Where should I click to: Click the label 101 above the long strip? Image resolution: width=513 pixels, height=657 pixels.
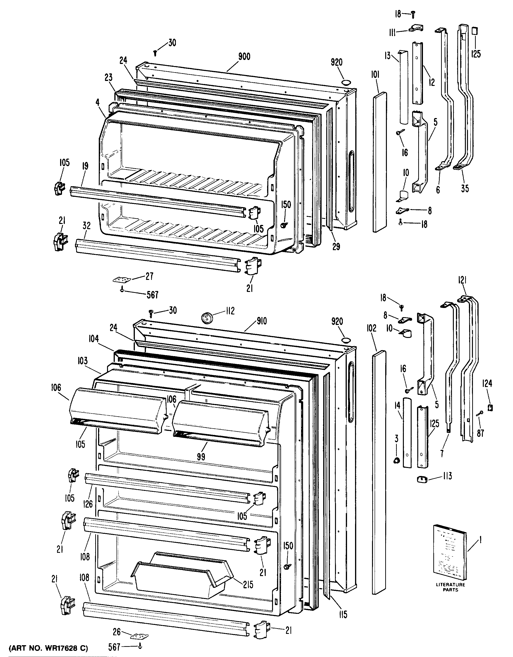point(375,75)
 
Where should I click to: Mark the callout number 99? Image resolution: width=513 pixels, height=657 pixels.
point(201,457)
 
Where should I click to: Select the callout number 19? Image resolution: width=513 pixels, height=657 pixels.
point(85,166)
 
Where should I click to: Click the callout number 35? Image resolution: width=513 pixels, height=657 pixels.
point(465,189)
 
